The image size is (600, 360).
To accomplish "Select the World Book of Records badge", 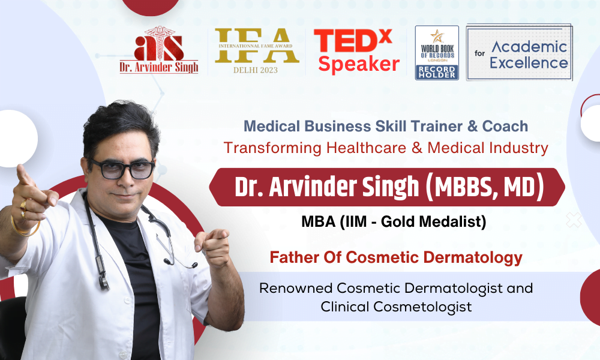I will (x=437, y=53).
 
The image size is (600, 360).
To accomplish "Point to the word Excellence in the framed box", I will (x=529, y=63).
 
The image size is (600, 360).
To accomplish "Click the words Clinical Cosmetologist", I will (x=396, y=307).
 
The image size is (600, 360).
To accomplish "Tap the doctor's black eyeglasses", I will (x=122, y=169).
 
